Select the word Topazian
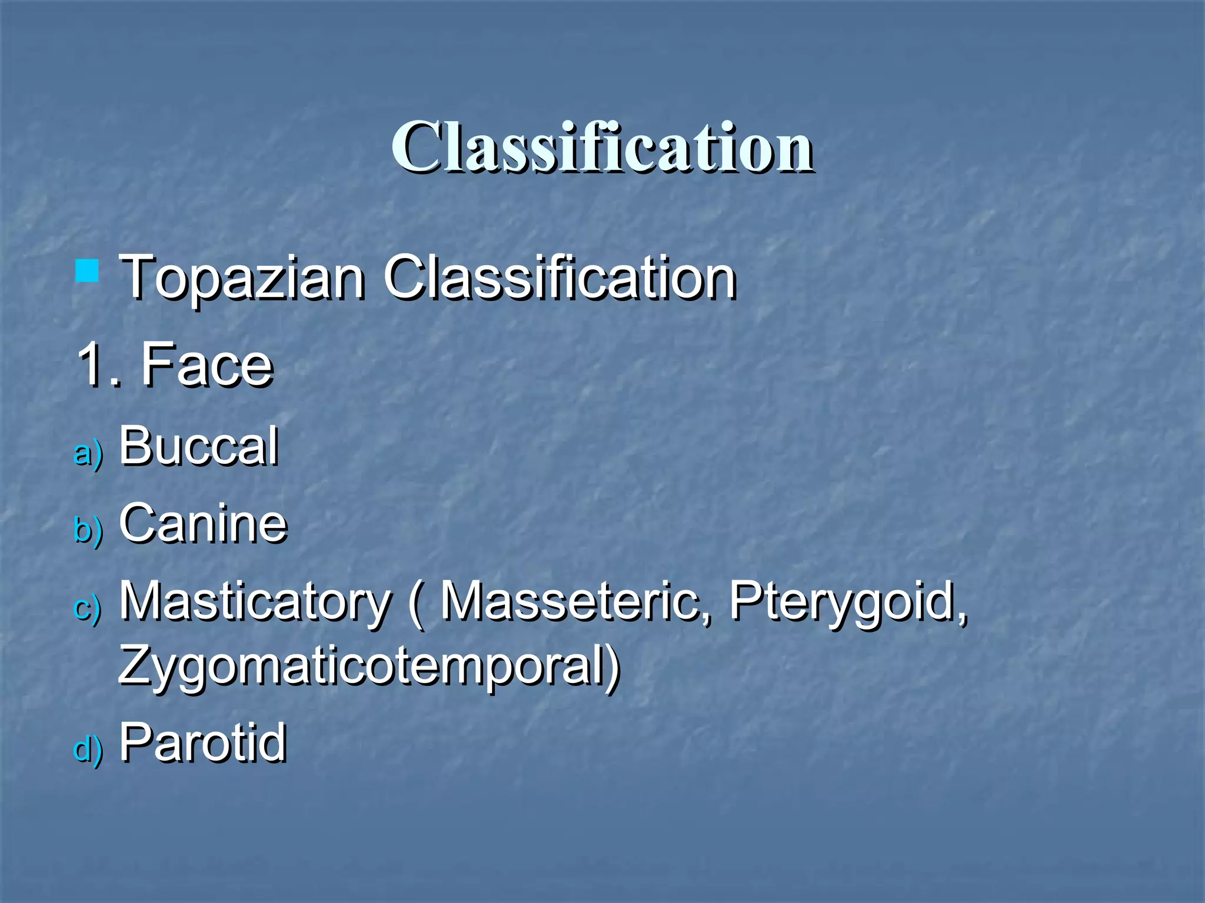point(242,277)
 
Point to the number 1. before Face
point(98,365)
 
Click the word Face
point(207,365)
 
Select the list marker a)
point(88,453)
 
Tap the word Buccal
point(198,446)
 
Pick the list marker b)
point(88,530)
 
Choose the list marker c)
point(88,607)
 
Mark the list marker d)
point(88,750)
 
